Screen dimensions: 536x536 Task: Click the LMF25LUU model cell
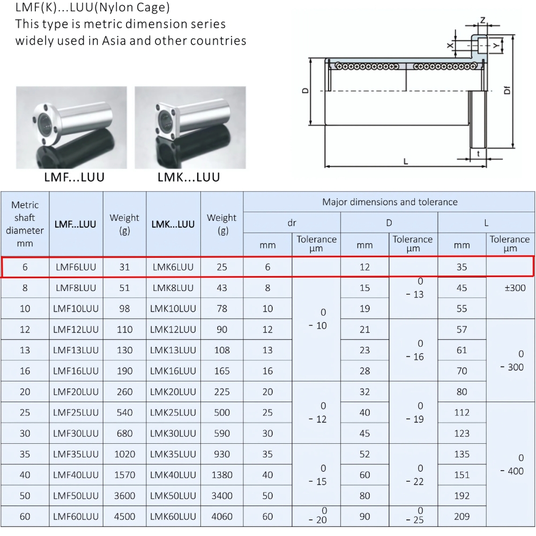tap(76, 412)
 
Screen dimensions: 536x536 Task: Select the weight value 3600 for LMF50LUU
tap(124, 496)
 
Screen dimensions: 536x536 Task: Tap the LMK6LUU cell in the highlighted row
tap(173, 267)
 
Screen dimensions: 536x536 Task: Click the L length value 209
tap(461, 517)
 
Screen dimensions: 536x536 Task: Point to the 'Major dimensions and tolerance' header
tap(390, 202)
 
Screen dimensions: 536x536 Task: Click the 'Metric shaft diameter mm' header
tap(25, 224)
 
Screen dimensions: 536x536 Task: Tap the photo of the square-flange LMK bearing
tap(190, 127)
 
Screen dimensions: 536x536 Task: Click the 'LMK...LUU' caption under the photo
tap(189, 177)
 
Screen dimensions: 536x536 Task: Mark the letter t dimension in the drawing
tap(478, 154)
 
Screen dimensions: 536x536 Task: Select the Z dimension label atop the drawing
tap(482, 20)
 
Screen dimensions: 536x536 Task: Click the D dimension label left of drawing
tap(304, 91)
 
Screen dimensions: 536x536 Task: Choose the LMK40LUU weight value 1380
tap(221, 475)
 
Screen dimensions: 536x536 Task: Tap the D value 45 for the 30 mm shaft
tap(364, 433)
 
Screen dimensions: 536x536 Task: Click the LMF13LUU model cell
tap(76, 350)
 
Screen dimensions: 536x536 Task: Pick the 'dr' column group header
tap(292, 222)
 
